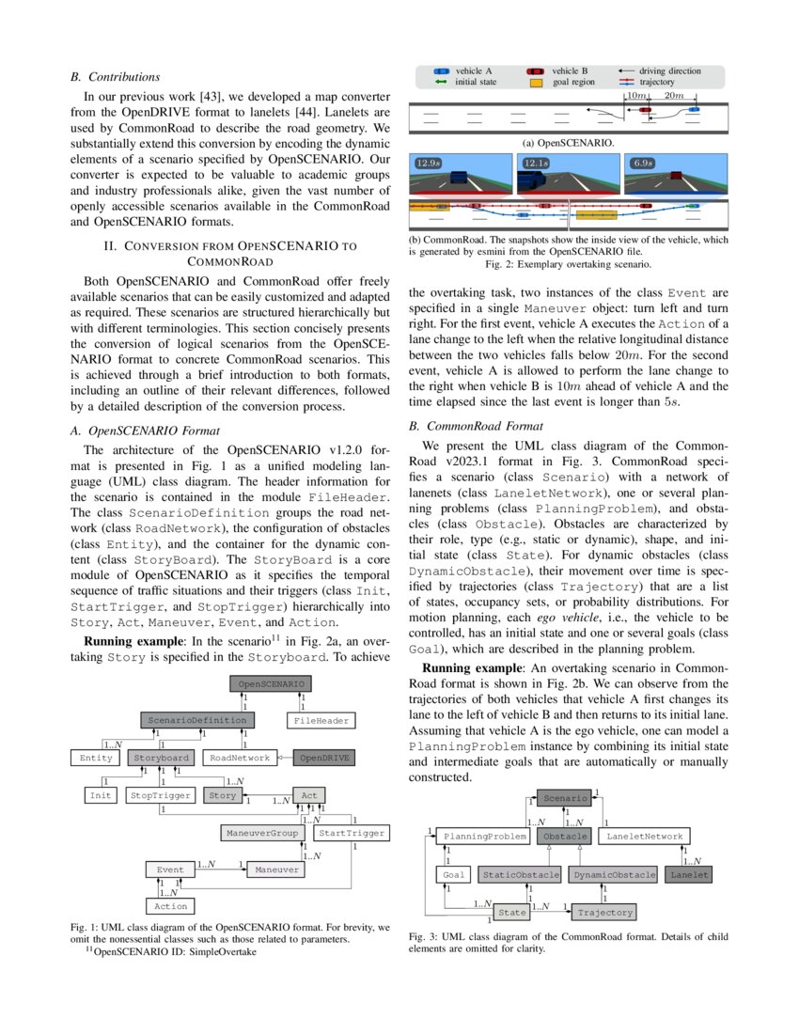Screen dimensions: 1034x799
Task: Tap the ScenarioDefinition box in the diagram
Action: click(197, 720)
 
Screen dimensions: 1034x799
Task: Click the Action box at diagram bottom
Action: click(171, 906)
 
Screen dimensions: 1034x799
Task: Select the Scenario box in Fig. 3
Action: click(564, 798)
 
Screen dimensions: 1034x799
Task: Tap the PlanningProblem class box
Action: click(485, 836)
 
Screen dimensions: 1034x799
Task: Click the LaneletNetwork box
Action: click(644, 836)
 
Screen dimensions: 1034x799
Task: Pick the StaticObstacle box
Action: click(520, 874)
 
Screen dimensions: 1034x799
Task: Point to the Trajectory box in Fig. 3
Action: click(605, 912)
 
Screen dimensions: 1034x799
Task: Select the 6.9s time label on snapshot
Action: click(643, 164)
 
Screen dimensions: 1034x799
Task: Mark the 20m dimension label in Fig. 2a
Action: click(673, 96)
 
